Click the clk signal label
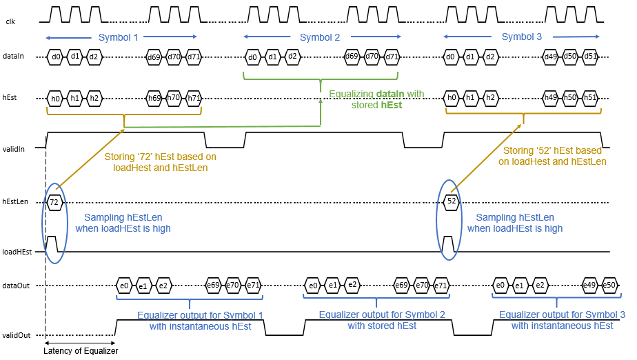[x=10, y=22]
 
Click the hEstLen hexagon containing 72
[x=54, y=202]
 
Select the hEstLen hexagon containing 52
[x=452, y=202]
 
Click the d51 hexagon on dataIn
[x=590, y=57]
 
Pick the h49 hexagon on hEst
[x=551, y=98]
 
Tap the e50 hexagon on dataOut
[x=609, y=285]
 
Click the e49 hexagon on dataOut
[x=589, y=285]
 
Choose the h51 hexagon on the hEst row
[x=590, y=98]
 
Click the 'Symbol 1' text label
[x=119, y=37]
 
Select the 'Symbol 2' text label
[x=320, y=37]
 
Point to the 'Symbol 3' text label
[x=521, y=37]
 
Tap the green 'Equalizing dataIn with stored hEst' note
[x=376, y=99]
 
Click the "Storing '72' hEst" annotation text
[x=160, y=161]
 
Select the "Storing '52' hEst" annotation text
[x=554, y=156]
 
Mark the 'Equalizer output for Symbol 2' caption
[x=382, y=320]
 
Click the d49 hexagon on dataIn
[x=551, y=57]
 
